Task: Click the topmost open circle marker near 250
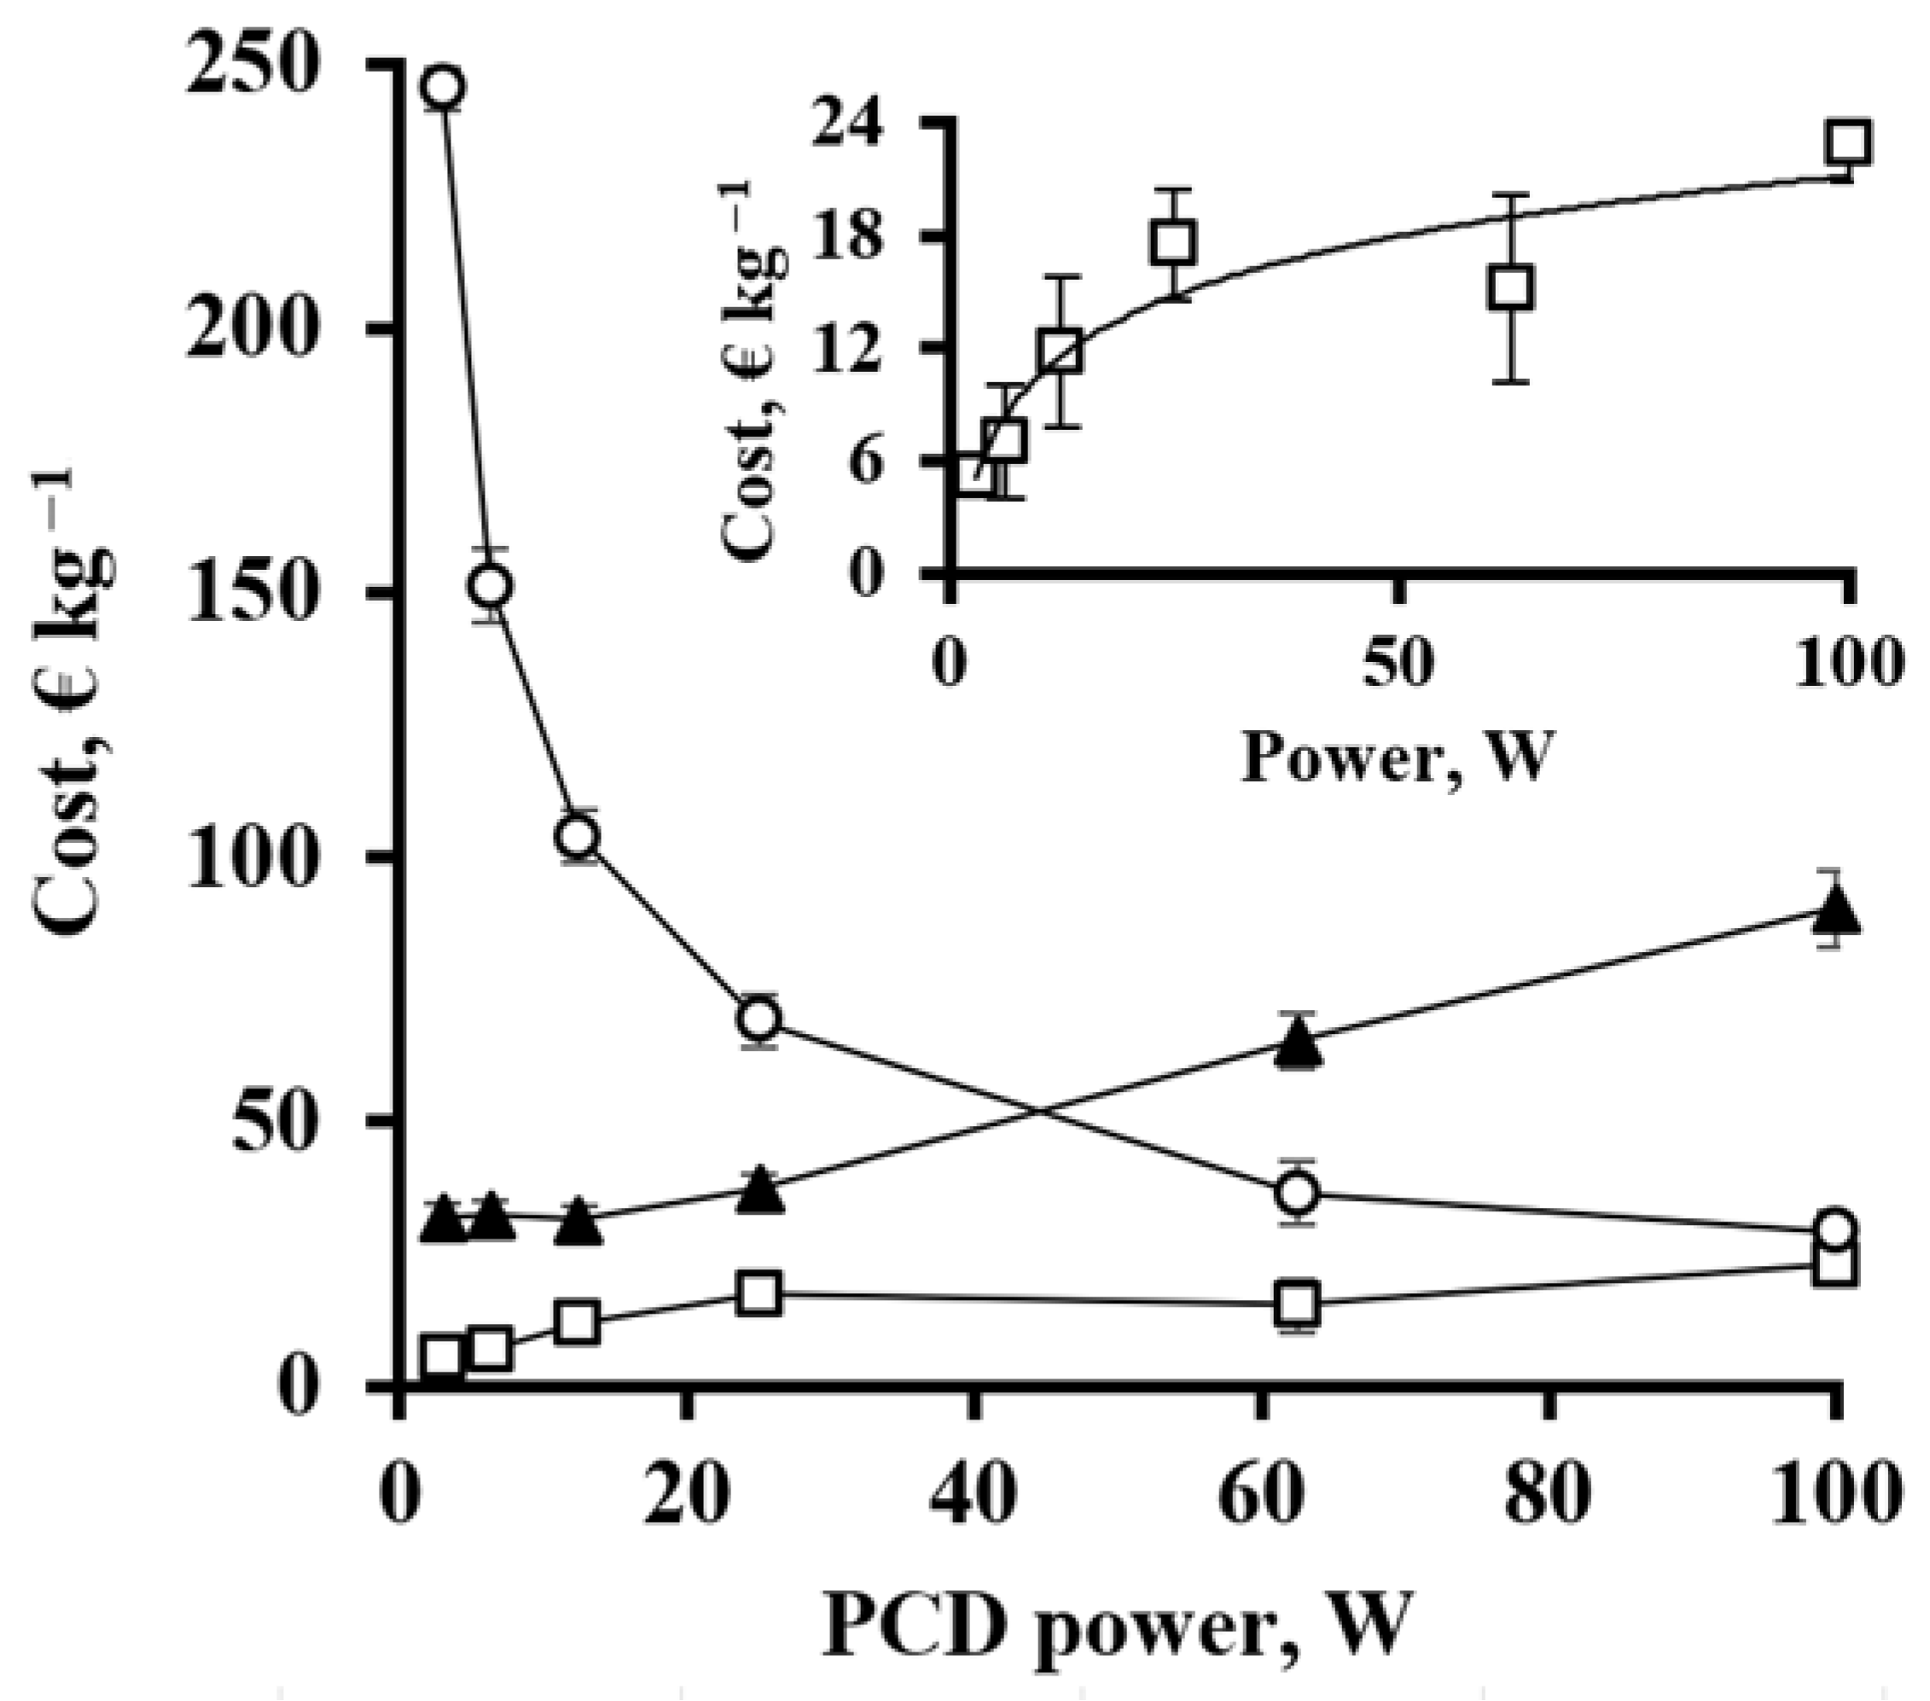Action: click(x=444, y=87)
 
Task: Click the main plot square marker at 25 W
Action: click(x=760, y=1293)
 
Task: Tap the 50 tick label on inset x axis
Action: click(x=1398, y=663)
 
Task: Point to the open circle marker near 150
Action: click(x=491, y=586)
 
